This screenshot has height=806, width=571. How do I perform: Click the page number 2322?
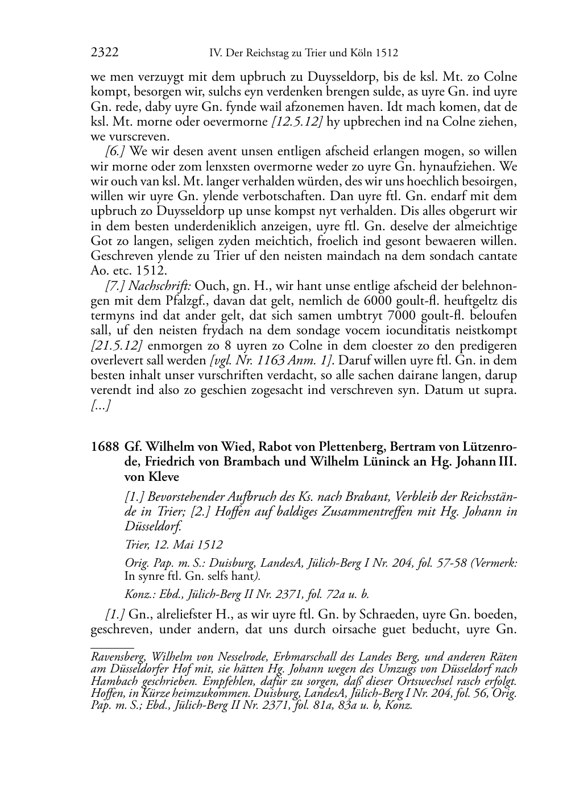105,53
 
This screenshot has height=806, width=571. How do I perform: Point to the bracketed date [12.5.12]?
291,121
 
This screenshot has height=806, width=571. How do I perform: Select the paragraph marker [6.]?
116,151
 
